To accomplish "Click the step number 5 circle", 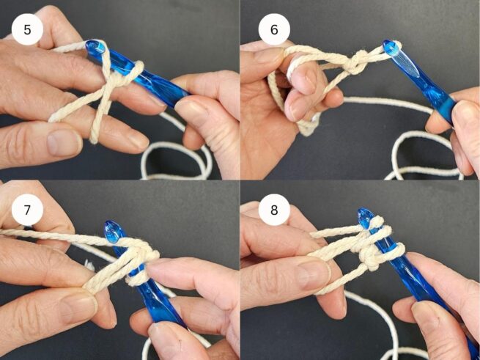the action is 27,29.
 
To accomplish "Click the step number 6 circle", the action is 274,29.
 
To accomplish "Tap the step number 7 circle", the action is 27,210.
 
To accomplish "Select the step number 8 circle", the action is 274,210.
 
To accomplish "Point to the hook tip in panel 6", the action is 391,48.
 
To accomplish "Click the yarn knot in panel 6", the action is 356,62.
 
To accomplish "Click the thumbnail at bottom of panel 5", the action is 64,143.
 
